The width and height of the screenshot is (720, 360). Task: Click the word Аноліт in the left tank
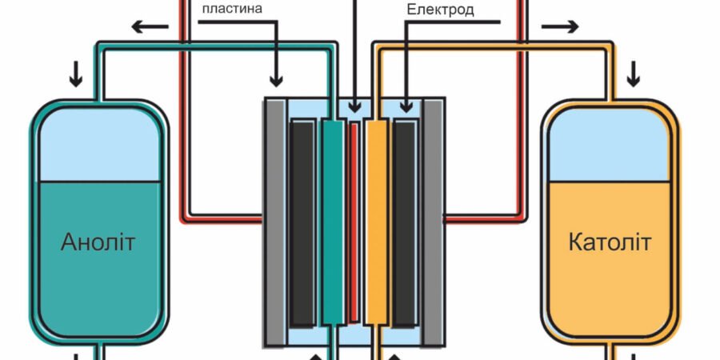coord(98,242)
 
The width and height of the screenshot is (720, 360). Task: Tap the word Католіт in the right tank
coord(610,242)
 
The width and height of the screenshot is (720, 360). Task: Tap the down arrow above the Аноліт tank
coord(76,76)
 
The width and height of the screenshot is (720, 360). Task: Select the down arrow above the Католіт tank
coord(634,76)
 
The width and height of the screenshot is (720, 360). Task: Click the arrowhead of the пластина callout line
coord(276,80)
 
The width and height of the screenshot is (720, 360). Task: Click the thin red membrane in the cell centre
coord(354,224)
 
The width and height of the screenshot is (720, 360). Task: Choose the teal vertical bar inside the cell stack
coord(332,224)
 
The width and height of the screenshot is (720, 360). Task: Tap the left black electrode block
coord(302,224)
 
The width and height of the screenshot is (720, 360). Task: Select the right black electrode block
coord(404,224)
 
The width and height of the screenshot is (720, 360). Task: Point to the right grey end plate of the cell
coord(433,224)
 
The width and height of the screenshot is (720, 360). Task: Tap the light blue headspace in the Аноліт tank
coord(98,148)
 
